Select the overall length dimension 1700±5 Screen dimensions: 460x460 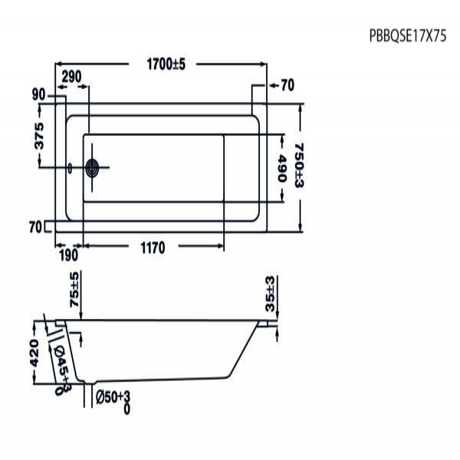coord(166,65)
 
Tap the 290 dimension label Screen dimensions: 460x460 coord(71,77)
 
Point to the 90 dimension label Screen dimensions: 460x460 coord(39,95)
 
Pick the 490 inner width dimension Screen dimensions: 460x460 coord(281,168)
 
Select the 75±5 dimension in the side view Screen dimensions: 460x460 coord(74,290)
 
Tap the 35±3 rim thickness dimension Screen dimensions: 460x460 coord(269,294)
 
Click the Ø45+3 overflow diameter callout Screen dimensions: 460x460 coord(64,363)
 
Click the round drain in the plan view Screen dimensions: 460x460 coord(94,169)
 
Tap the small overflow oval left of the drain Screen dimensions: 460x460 coord(71,169)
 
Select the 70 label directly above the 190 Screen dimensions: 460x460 coord(34,226)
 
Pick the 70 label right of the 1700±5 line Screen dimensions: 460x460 coord(287,85)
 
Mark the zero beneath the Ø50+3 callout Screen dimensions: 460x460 coord(125,410)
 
